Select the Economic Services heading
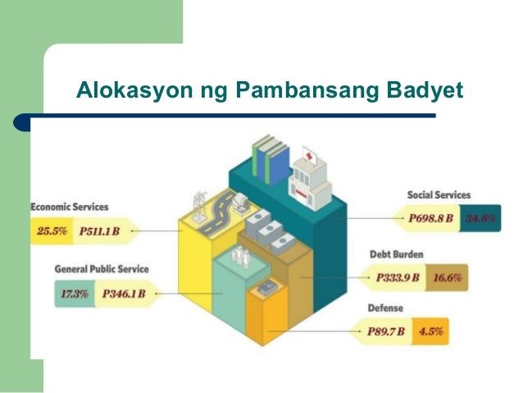pyautogui.click(x=70, y=207)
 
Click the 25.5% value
pyautogui.click(x=52, y=231)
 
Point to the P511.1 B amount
pyautogui.click(x=99, y=231)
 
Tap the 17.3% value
pyautogui.click(x=74, y=293)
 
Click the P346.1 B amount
pyautogui.click(x=123, y=293)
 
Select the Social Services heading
pyautogui.click(x=439, y=194)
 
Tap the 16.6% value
pyautogui.click(x=446, y=278)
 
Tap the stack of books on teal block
pyautogui.click(x=271, y=161)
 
